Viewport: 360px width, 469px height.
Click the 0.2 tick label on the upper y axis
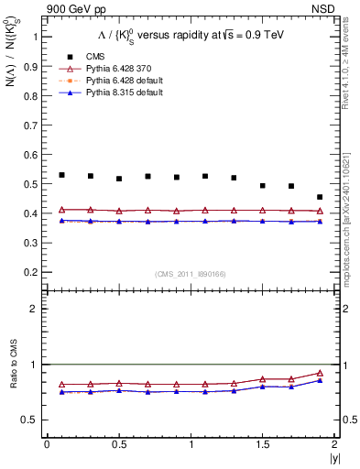[x=29, y=273]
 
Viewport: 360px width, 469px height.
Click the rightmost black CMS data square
[x=320, y=197]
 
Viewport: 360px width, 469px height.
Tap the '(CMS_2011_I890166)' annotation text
[x=190, y=273]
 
